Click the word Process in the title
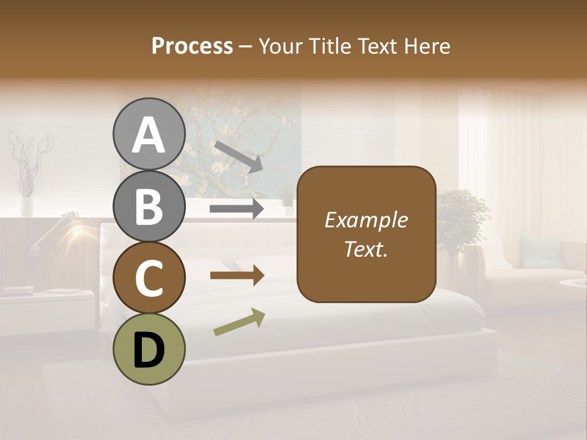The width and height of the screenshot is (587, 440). [192, 46]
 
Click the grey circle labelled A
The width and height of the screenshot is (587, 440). [149, 134]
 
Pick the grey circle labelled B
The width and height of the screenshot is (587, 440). [149, 207]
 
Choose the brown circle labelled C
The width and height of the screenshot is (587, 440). [149, 278]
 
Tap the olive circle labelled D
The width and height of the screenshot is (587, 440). [149, 349]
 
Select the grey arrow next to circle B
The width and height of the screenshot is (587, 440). [237, 209]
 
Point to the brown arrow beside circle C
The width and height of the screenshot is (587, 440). [237, 276]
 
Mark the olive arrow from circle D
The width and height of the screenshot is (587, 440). [239, 322]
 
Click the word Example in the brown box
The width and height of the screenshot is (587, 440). [366, 220]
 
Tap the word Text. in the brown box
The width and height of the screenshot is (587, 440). [366, 249]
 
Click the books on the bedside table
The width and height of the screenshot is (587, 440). [18, 291]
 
